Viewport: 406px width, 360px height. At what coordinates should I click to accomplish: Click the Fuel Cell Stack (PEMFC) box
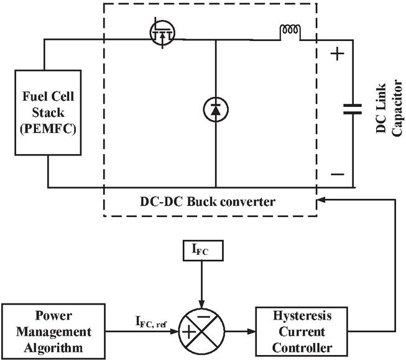[48, 113]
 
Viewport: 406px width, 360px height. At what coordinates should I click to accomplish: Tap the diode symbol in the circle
[215, 109]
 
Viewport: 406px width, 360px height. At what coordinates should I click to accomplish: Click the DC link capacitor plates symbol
[353, 111]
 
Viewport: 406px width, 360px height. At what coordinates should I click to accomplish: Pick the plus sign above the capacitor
[336, 54]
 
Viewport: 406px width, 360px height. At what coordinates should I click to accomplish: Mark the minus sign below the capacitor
[336, 175]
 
